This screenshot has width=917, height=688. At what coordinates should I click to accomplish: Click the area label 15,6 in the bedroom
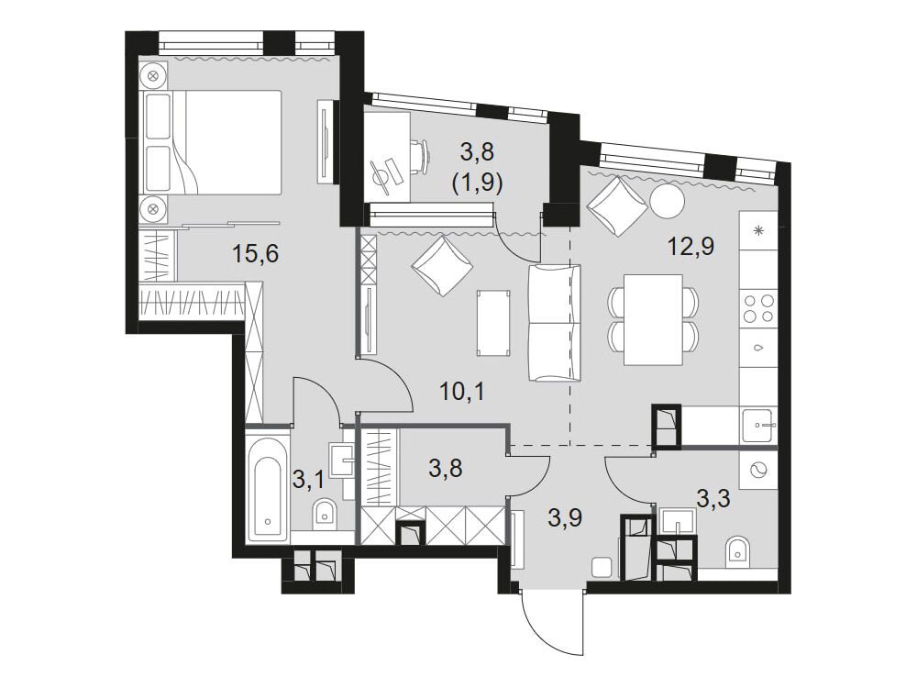[256, 254]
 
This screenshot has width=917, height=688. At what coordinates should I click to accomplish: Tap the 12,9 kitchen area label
[691, 247]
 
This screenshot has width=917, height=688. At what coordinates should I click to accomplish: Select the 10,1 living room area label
[462, 392]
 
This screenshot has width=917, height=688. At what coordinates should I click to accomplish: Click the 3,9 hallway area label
[566, 517]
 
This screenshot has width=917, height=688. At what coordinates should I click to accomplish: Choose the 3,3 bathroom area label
[713, 500]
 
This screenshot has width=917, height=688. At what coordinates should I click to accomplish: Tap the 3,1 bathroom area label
[308, 482]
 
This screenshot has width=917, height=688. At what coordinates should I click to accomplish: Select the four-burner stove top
[758, 309]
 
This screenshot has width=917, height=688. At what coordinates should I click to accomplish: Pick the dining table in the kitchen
[653, 319]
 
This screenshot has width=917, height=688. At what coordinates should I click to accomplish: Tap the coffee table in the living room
[494, 324]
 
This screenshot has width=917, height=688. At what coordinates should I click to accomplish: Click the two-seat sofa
[555, 323]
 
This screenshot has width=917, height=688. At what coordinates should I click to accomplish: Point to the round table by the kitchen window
[667, 202]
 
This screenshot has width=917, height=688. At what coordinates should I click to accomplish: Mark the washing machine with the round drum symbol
[758, 470]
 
